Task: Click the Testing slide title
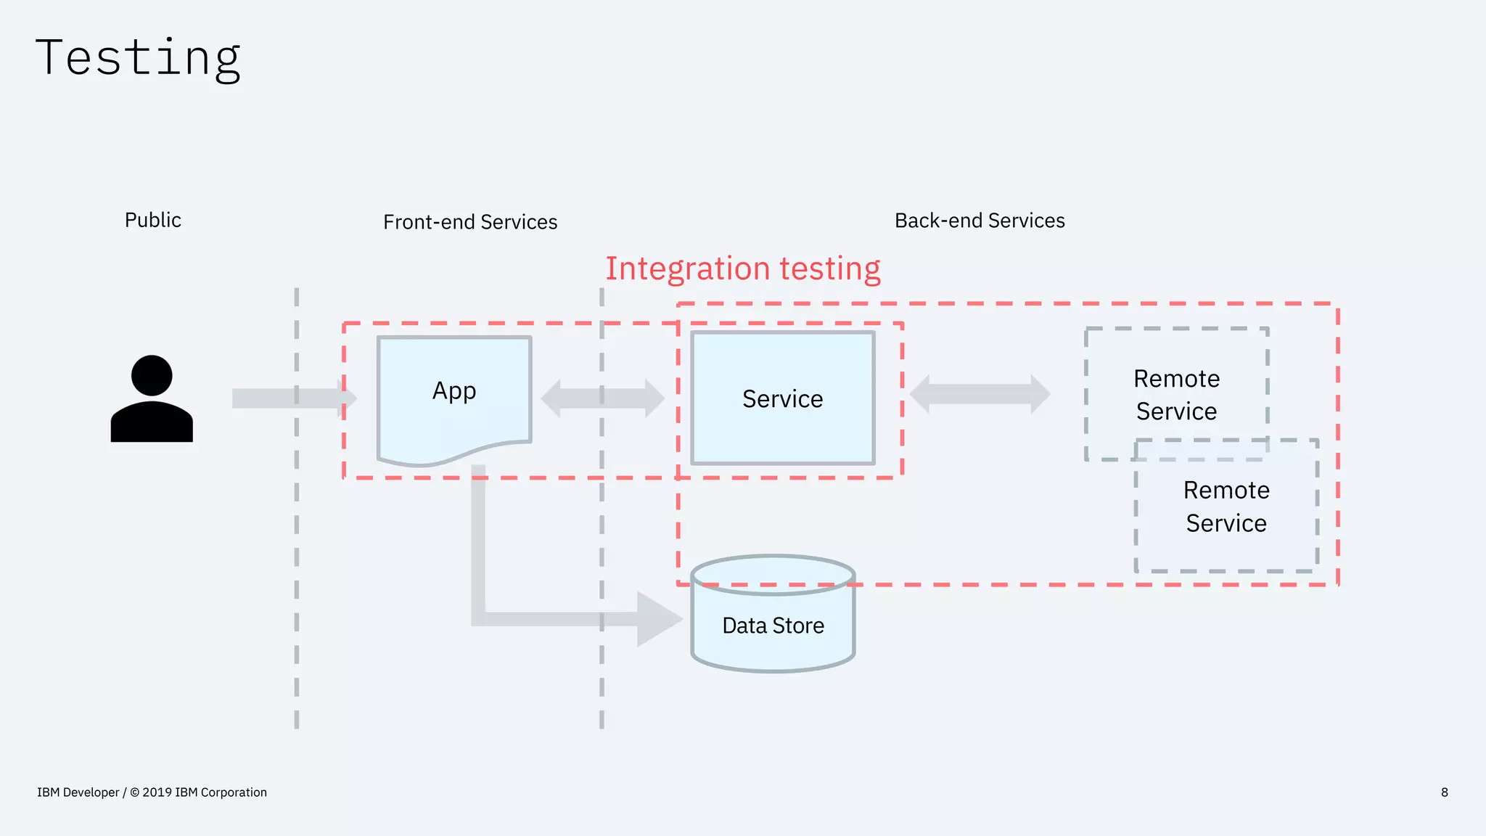[x=138, y=58]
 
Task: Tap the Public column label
[x=152, y=220]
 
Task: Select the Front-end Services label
[x=470, y=221]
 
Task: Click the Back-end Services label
[x=980, y=220]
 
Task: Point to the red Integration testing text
[x=743, y=269]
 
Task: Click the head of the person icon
[x=152, y=375]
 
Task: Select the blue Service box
[x=783, y=435]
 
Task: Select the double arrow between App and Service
[x=602, y=398]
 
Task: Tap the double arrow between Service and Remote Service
[x=980, y=394]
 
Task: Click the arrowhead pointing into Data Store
[x=657, y=619]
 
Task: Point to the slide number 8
[x=1444, y=792]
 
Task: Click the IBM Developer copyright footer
[x=152, y=792]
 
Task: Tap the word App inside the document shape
[x=454, y=390]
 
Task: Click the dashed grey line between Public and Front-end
[x=297, y=581]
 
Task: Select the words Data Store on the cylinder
[x=773, y=625]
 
